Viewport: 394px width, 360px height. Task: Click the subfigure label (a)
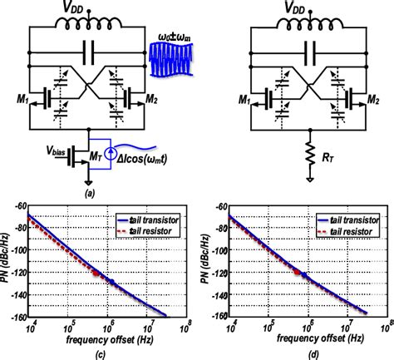89,188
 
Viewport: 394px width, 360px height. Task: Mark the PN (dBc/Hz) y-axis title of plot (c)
6,266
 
